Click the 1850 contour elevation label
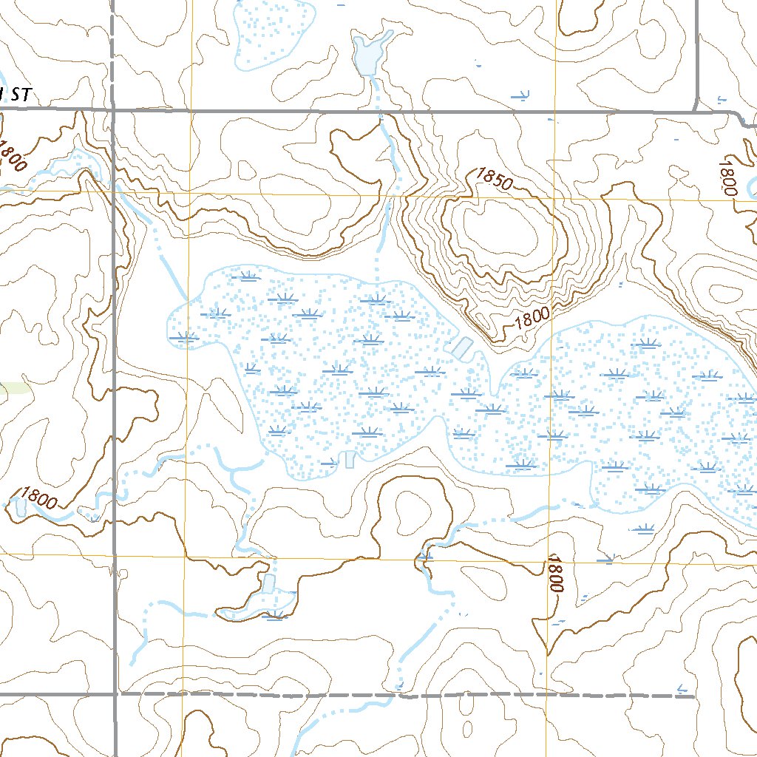[494, 179]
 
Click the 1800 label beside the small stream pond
[39, 498]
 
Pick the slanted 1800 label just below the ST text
[13, 156]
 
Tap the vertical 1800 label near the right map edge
[729, 177]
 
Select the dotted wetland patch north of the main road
[271, 33]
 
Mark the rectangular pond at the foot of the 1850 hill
[462, 347]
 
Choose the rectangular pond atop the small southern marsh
[268, 583]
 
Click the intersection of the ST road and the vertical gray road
[114, 109]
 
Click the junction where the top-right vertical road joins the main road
[697, 111]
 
